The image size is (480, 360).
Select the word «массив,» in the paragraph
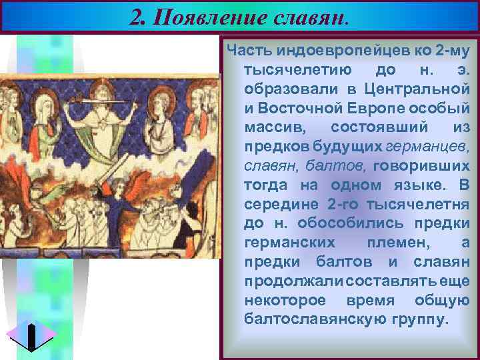pyautogui.click(x=269, y=127)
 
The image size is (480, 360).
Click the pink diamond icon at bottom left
pyautogui.click(x=31, y=335)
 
